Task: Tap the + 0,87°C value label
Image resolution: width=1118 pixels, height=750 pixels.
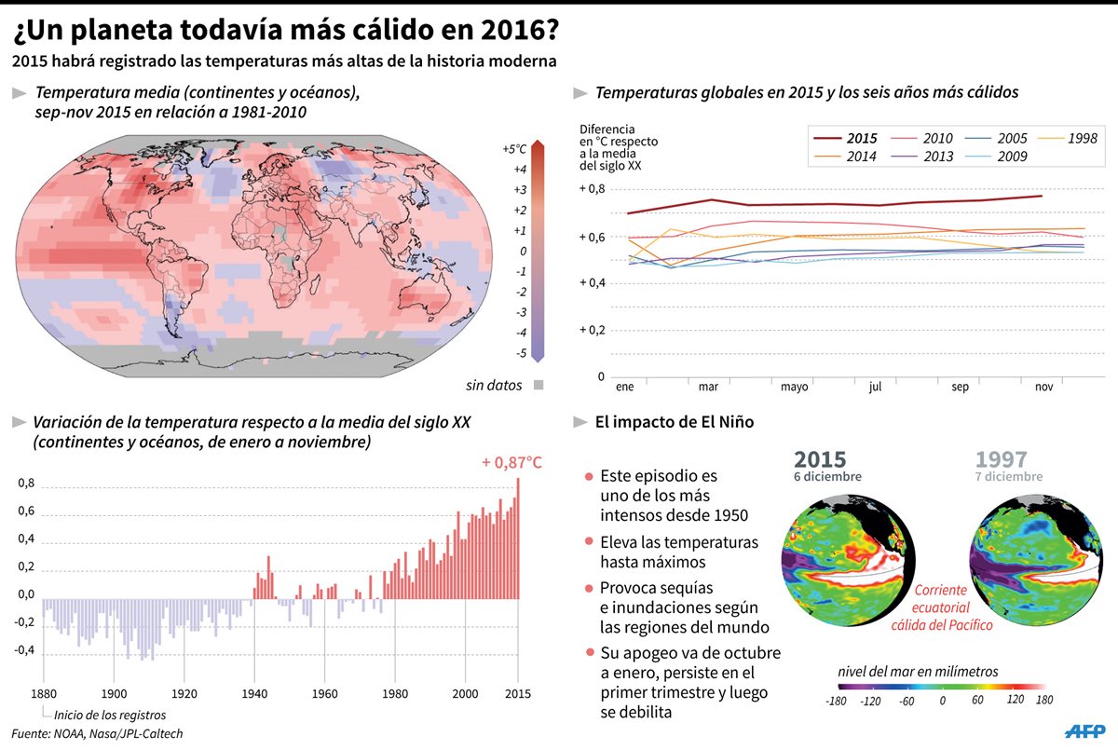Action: click(512, 462)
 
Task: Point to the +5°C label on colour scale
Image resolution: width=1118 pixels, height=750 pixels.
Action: click(514, 149)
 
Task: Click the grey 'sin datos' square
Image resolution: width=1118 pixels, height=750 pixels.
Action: click(539, 385)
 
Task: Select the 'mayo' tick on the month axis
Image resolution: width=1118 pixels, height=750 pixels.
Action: click(794, 386)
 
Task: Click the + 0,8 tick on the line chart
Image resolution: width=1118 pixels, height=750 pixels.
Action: click(592, 189)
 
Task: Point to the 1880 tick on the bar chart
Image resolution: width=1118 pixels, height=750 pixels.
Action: click(43, 693)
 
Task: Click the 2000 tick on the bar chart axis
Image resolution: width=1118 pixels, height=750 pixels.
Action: click(465, 693)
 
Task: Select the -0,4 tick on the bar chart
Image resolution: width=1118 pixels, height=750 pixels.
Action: click(23, 650)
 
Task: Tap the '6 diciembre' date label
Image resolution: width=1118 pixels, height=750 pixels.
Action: click(827, 477)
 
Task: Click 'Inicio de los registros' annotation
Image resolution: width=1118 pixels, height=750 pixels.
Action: click(111, 716)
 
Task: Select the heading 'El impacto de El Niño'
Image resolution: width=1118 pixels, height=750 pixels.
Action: click(675, 422)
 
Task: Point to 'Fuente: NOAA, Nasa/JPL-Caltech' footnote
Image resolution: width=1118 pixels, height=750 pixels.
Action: click(98, 734)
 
